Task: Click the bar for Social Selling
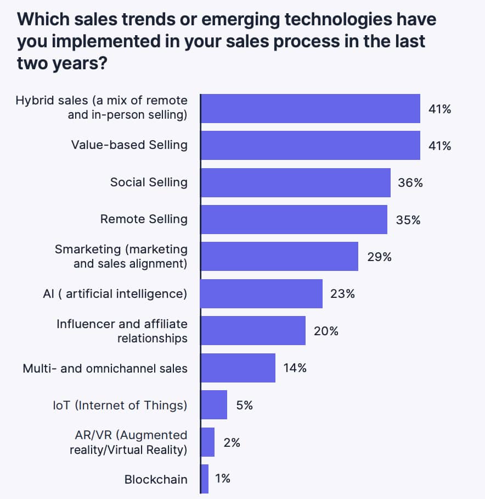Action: (x=296, y=182)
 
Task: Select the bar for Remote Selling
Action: (x=294, y=219)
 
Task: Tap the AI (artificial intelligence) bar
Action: (x=262, y=293)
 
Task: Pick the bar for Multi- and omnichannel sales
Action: (x=238, y=368)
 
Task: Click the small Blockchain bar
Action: (x=205, y=479)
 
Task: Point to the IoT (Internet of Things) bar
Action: (x=214, y=405)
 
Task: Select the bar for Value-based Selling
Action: (x=311, y=145)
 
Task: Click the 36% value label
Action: (x=410, y=183)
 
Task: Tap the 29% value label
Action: (x=379, y=257)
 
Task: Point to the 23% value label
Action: (x=342, y=294)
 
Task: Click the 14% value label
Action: (x=295, y=368)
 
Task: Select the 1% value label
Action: (x=223, y=479)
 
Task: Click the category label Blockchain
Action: (x=156, y=479)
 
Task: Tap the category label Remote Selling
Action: (x=144, y=219)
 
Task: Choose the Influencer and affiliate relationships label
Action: (x=122, y=331)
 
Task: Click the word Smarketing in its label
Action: (x=88, y=249)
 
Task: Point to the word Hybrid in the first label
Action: (x=34, y=101)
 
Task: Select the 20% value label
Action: (x=326, y=331)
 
